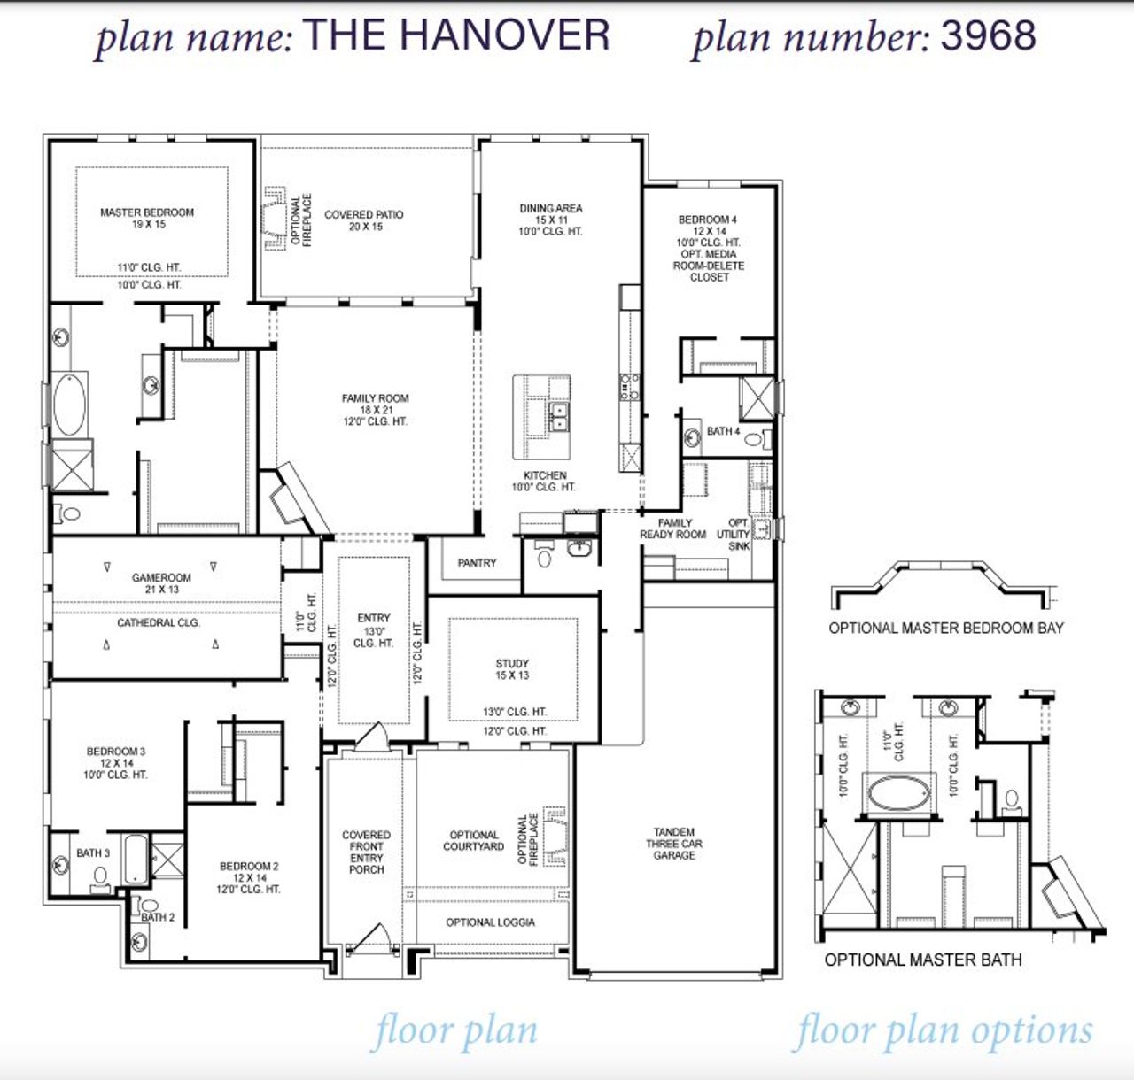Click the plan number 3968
tap(988, 35)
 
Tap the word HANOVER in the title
tap(504, 35)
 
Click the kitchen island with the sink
tap(541, 405)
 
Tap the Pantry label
tap(477, 563)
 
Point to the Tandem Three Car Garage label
tap(674, 844)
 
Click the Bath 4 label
tap(723, 431)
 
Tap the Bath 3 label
tap(93, 853)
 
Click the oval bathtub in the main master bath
tap(70, 405)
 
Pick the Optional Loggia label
tap(490, 922)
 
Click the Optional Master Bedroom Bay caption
tap(946, 629)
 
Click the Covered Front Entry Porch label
tap(366, 852)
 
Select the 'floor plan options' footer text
tap(943, 1032)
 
